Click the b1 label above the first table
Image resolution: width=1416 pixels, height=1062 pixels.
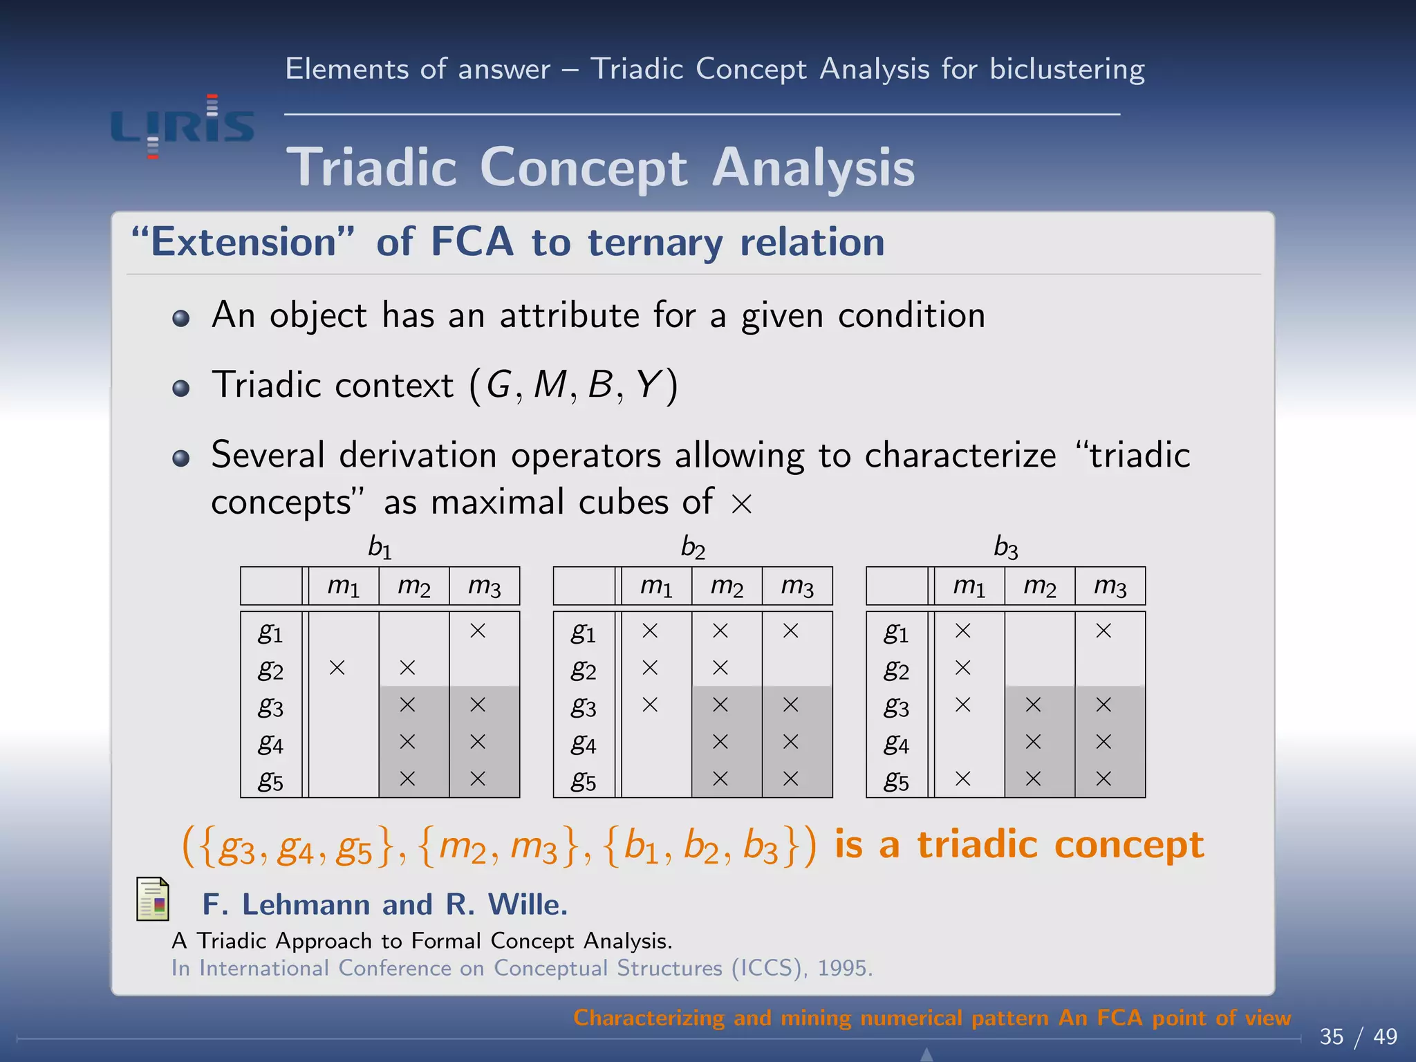(380, 547)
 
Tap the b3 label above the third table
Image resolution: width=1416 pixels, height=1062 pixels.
(1005, 547)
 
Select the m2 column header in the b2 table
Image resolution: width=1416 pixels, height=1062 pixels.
(727, 586)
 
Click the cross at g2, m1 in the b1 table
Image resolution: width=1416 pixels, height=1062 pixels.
(337, 668)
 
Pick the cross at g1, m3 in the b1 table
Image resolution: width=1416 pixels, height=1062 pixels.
(478, 631)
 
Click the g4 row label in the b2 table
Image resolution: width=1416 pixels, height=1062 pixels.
(584, 743)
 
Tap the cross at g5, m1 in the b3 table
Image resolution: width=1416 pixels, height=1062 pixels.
(962, 779)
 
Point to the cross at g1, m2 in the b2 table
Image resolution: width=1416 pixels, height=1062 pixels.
(720, 631)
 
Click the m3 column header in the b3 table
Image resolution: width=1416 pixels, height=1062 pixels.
(1110, 586)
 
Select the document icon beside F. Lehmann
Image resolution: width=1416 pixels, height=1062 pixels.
(153, 899)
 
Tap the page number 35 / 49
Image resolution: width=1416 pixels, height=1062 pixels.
(1358, 1036)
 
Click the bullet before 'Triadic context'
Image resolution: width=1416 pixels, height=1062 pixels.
(181, 388)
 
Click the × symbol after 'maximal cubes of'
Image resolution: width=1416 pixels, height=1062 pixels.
(741, 504)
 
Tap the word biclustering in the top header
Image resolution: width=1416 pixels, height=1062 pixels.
(1067, 69)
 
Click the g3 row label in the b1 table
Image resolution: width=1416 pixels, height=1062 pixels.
(270, 706)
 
